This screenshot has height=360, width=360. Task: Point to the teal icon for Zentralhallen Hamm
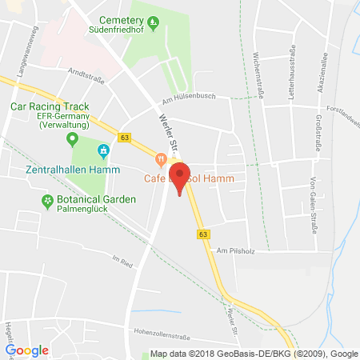tap(102, 150)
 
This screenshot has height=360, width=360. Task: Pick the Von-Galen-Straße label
tap(310, 194)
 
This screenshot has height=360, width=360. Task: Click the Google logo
tap(27, 350)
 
